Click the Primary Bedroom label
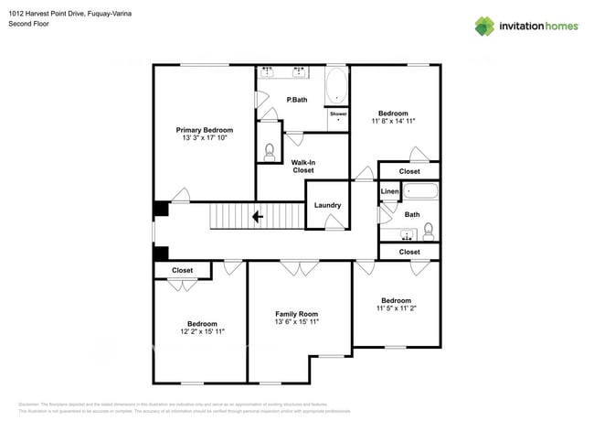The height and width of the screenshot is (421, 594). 204,130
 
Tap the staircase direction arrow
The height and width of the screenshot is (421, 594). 258,217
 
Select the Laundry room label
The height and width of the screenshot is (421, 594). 327,205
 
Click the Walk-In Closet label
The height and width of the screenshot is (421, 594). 302,167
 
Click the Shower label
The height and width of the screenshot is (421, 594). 338,113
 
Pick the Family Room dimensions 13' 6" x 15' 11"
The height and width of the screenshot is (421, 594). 296,322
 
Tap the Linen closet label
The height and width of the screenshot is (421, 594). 390,191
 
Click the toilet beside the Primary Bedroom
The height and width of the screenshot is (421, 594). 270,153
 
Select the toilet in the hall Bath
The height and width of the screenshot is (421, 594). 429,229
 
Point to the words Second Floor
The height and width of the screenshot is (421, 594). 29,24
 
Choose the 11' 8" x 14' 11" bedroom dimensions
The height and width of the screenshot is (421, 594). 394,121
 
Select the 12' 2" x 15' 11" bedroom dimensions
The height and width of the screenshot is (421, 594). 202,332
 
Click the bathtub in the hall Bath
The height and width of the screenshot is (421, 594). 421,192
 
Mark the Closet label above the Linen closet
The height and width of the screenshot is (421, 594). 409,171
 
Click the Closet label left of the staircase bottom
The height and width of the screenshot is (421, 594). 182,271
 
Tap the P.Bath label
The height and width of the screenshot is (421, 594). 295,99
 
